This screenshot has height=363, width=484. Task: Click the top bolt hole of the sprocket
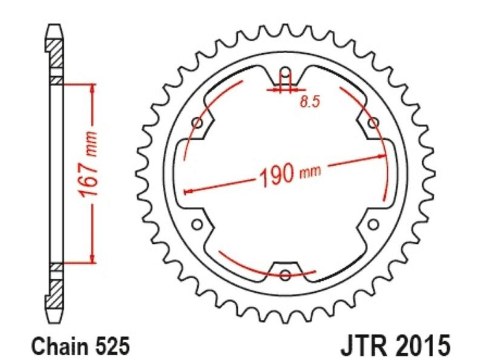285,76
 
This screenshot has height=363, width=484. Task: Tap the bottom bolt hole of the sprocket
285,276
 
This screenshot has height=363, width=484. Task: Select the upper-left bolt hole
197,123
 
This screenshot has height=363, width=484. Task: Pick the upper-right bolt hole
373,123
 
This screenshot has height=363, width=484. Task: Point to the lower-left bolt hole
196,225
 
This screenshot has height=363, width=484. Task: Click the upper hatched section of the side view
54,52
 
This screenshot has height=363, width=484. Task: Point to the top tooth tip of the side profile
54,27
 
